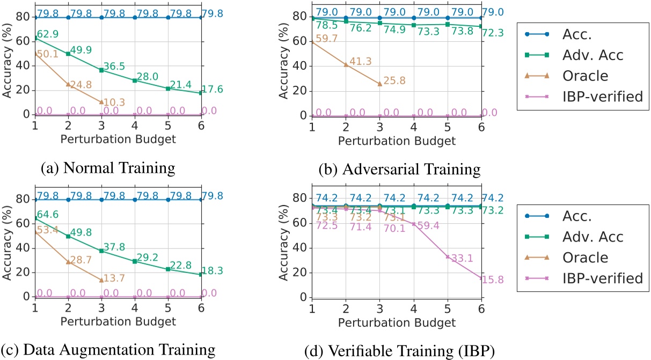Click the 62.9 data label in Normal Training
tap(47, 35)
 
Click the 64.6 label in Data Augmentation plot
tap(47, 215)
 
